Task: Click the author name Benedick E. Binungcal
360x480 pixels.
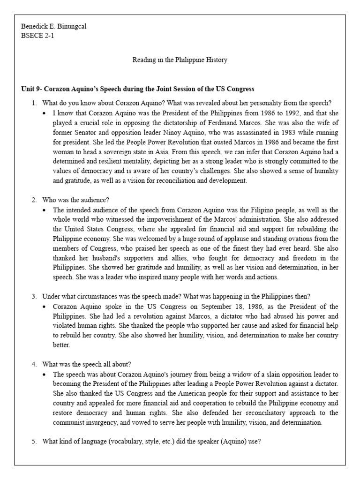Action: point(54,26)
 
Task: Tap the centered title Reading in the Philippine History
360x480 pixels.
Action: point(180,60)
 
